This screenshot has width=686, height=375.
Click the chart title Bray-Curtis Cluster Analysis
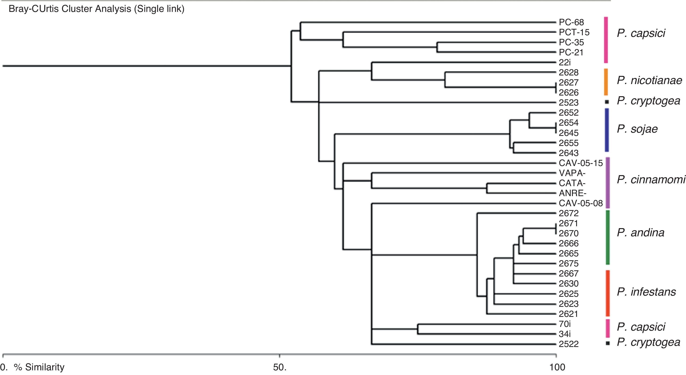point(96,9)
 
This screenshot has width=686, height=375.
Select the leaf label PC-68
point(571,22)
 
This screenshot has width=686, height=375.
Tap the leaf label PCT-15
point(574,32)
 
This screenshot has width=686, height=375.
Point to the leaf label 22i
point(564,62)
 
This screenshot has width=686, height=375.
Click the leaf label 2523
point(569,103)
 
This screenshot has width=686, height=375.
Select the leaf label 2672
point(569,213)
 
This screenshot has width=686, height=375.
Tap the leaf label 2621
point(569,314)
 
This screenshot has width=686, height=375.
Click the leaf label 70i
point(564,324)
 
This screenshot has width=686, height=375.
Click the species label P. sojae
point(637,129)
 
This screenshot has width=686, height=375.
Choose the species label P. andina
point(641,233)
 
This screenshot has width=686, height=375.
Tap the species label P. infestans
point(646,292)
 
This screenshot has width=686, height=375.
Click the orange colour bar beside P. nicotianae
point(606,82)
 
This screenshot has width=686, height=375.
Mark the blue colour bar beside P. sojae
point(607,130)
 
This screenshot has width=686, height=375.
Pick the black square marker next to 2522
point(608,343)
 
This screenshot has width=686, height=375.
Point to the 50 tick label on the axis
point(280,367)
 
